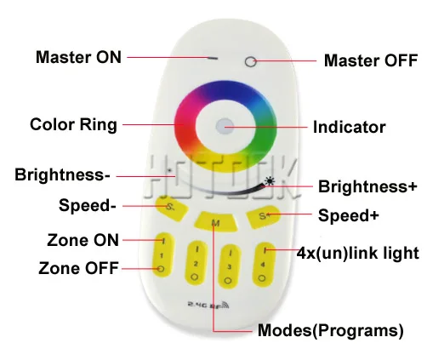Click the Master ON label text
pyautogui.click(x=78, y=57)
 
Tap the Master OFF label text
pyautogui.click(x=371, y=60)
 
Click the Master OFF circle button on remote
pyautogui.click(x=251, y=62)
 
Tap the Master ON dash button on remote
pyautogui.click(x=213, y=58)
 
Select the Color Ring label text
pyautogui.click(x=73, y=124)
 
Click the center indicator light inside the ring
pyautogui.click(x=225, y=126)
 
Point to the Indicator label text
pyautogui.click(x=350, y=127)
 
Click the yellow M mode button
pyautogui.click(x=216, y=221)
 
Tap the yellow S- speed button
pyautogui.click(x=172, y=209)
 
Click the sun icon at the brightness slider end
pyautogui.click(x=270, y=181)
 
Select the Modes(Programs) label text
pyautogui.click(x=331, y=330)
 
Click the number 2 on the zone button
pyautogui.click(x=196, y=264)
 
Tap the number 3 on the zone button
pyautogui.click(x=229, y=267)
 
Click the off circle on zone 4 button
pyautogui.click(x=262, y=278)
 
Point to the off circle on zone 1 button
pyautogui.click(x=161, y=268)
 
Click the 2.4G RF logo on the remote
pyautogui.click(x=208, y=305)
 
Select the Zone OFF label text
pyautogui.click(x=78, y=268)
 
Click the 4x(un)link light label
pyautogui.click(x=358, y=253)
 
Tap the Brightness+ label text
pyautogui.click(x=367, y=186)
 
